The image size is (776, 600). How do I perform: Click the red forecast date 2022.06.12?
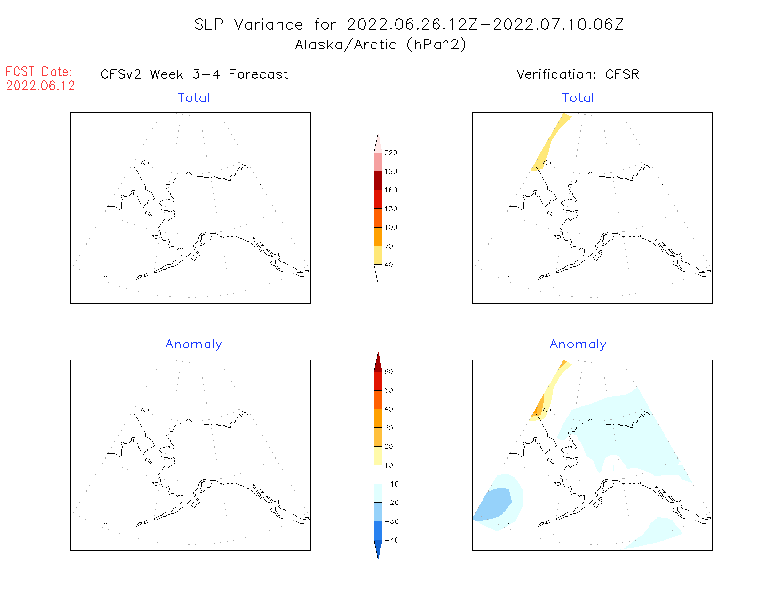pos(40,86)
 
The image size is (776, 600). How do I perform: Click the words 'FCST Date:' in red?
pos(39,72)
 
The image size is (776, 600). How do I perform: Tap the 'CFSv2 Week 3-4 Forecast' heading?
pos(194,74)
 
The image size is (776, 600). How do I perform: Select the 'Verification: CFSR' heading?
pos(578,74)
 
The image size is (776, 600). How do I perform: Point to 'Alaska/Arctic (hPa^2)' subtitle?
pos(380,45)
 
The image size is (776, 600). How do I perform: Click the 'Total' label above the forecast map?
pos(194,98)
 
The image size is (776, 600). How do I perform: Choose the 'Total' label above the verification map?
pos(578,98)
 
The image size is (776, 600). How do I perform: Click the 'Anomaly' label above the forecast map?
pos(194,344)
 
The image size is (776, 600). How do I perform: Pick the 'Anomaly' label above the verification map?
pos(578,344)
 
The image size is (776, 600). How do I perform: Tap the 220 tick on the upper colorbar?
pos(390,153)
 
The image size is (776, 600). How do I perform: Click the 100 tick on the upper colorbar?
pos(390,228)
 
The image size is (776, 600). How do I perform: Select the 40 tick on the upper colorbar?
pos(388,265)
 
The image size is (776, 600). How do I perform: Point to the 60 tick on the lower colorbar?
pos(388,372)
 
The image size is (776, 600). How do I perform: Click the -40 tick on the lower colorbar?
pos(391,540)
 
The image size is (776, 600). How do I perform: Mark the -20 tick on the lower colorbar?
pos(391,503)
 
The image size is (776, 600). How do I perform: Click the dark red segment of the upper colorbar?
pos(378,181)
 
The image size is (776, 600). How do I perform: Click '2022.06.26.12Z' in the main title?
pos(412,24)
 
